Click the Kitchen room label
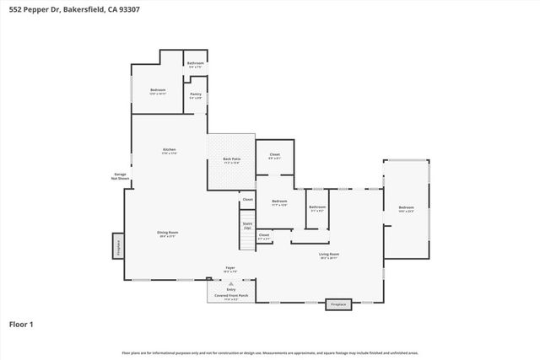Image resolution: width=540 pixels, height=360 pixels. [170, 151]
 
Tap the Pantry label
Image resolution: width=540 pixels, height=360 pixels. [195, 95]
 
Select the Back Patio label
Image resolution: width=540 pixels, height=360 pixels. [231, 160]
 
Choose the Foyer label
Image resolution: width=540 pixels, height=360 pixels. [229, 269]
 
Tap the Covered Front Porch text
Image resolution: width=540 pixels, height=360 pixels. [230, 296]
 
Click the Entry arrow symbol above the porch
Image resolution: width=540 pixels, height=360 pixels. [230, 285]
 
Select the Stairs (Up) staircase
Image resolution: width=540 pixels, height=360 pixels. [247, 227]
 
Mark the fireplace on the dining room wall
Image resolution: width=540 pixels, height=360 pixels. [118, 246]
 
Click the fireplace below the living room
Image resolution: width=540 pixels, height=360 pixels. [338, 304]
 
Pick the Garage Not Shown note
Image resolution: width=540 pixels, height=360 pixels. [121, 177]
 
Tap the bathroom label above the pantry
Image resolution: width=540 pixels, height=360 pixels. [195, 64]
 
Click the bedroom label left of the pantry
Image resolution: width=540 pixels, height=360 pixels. [158, 91]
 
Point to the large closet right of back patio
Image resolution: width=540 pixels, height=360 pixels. [274, 156]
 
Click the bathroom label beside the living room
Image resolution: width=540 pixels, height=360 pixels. [316, 208]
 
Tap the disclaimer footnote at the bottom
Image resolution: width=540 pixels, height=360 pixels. [270, 352]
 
